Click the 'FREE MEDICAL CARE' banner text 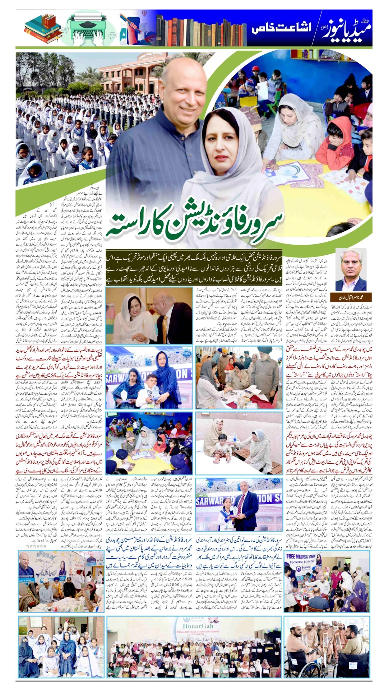click(300, 556)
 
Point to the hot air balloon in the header click(144, 13)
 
